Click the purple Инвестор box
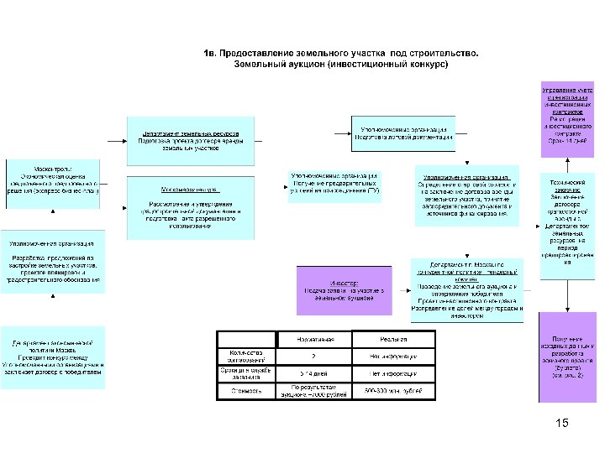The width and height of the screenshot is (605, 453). coord(344,287)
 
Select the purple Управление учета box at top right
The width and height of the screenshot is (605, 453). coord(567,114)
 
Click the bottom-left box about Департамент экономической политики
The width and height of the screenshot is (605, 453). coord(52,358)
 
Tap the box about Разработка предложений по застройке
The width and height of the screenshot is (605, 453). coord(52,261)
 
